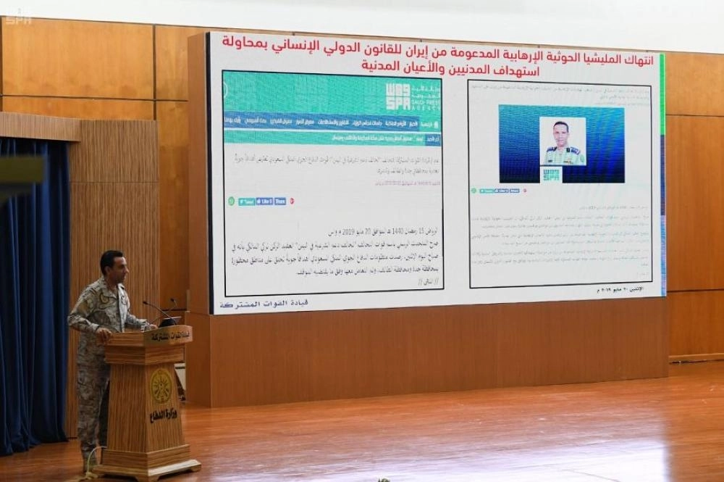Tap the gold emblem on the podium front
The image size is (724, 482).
pyautogui.click(x=161, y=385)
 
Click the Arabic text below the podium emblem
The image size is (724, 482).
pyautogui.click(x=162, y=415)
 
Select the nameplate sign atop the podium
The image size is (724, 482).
pyautogui.click(x=167, y=335)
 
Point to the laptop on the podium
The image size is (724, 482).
pyautogui.click(x=168, y=320)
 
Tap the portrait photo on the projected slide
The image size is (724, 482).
pyautogui.click(x=562, y=142)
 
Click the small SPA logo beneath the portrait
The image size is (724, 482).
pyautogui.click(x=552, y=174)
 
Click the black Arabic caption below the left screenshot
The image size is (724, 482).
pyautogui.click(x=253, y=302)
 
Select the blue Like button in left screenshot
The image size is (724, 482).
pyautogui.click(x=264, y=201)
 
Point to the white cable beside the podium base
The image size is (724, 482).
pyautogui.click(x=90, y=472)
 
